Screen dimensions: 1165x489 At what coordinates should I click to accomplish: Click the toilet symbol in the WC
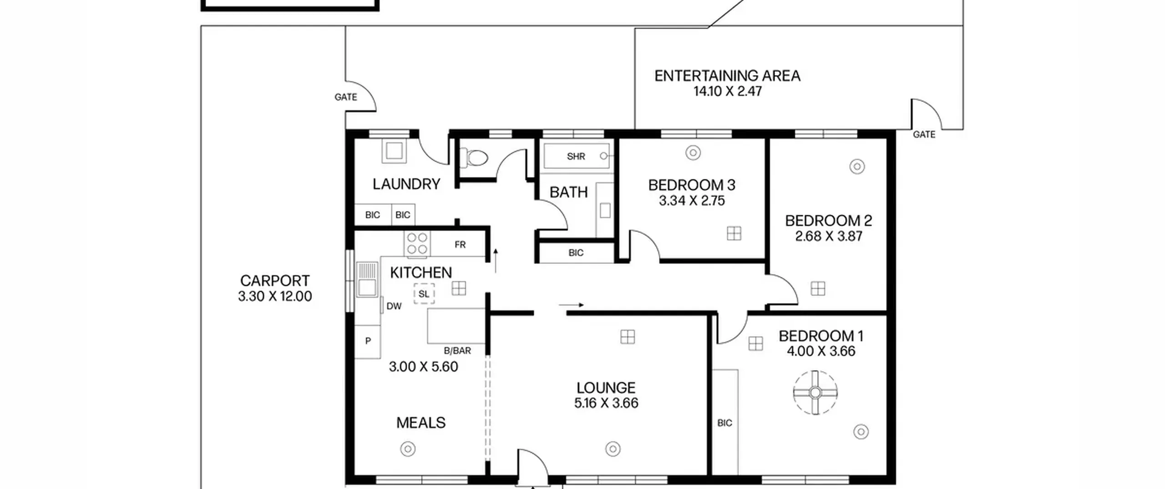click(474, 158)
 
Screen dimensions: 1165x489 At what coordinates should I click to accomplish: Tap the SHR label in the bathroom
click(576, 156)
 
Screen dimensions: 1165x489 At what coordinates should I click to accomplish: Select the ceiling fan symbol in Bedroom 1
click(815, 392)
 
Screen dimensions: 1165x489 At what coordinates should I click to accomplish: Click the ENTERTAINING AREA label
click(727, 76)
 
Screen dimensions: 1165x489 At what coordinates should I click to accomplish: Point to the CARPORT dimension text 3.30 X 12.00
click(275, 296)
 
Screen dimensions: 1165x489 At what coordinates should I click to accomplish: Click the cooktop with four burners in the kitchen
click(417, 243)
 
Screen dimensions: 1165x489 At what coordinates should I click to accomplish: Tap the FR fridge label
click(460, 245)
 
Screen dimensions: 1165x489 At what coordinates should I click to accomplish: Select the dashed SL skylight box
click(424, 294)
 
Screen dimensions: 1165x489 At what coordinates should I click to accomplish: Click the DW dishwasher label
click(394, 306)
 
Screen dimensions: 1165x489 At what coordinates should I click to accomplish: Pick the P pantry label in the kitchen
click(368, 341)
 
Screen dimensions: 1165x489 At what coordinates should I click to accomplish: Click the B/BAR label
click(457, 351)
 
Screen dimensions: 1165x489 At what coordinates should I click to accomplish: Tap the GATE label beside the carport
click(346, 97)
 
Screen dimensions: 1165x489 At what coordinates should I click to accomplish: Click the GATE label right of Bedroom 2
click(924, 134)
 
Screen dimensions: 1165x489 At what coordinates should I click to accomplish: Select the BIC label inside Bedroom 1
click(725, 423)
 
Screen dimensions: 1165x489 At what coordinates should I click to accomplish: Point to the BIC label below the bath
click(576, 252)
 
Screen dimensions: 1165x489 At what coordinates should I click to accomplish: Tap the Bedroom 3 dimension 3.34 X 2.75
click(692, 201)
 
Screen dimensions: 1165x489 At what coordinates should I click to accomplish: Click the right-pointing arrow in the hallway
click(571, 305)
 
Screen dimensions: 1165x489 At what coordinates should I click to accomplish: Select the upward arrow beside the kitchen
click(496, 260)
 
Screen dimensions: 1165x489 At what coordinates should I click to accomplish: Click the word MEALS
click(421, 423)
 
